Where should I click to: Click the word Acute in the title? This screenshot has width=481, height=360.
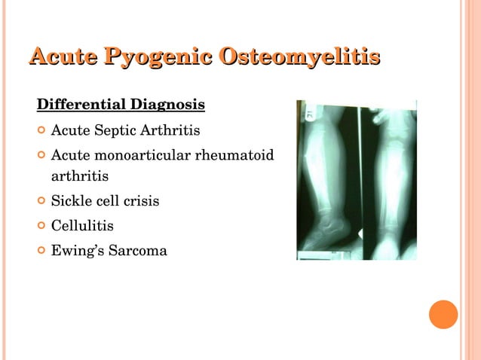63,56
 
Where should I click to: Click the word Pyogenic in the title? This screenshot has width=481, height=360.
158,56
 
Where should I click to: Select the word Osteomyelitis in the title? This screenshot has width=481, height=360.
299,56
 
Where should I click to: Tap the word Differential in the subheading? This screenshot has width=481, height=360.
82,103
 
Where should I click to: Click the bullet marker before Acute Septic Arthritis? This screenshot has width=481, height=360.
41,130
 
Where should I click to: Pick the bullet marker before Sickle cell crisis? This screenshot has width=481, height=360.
41,201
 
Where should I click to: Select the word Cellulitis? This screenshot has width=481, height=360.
82,225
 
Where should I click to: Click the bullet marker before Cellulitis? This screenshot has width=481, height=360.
41,224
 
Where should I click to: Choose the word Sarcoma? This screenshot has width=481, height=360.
139,249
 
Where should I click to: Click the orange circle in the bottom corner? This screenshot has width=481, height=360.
443,314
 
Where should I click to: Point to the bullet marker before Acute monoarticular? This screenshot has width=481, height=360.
41,155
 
